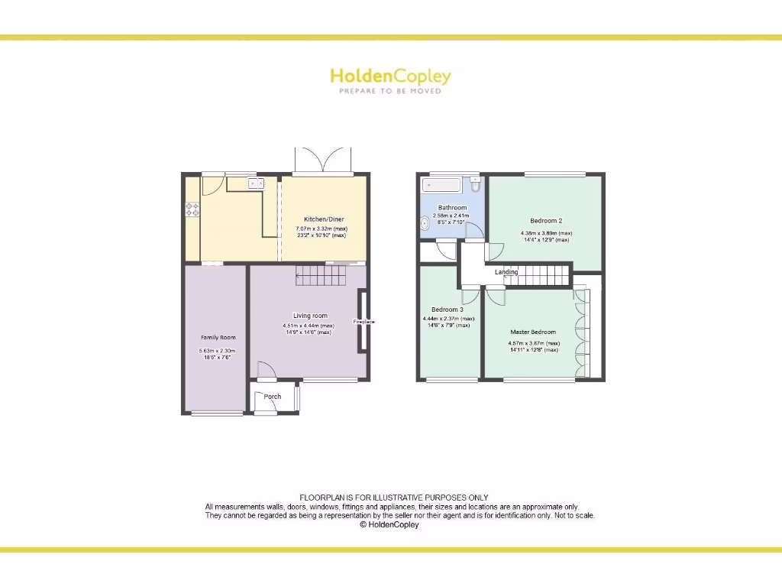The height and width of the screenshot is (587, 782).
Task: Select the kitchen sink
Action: click(255, 182)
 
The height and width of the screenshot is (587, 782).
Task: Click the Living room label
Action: click(310, 316)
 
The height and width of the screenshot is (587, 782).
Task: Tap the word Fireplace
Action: click(364, 322)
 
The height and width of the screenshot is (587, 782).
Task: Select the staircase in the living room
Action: click(320, 275)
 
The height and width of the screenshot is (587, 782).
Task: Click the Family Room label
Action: click(218, 337)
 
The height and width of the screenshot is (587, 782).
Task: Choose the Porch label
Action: click(272, 397)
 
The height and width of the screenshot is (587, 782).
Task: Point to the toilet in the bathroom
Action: click(476, 184)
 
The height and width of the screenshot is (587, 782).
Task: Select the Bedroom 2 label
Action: click(546, 221)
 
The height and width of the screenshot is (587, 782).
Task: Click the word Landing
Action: click(506, 272)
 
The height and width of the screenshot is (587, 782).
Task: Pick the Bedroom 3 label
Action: click(448, 310)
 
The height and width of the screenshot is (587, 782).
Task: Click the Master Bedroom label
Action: click(533, 332)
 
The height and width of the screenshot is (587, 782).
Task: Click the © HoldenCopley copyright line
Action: click(389, 524)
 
